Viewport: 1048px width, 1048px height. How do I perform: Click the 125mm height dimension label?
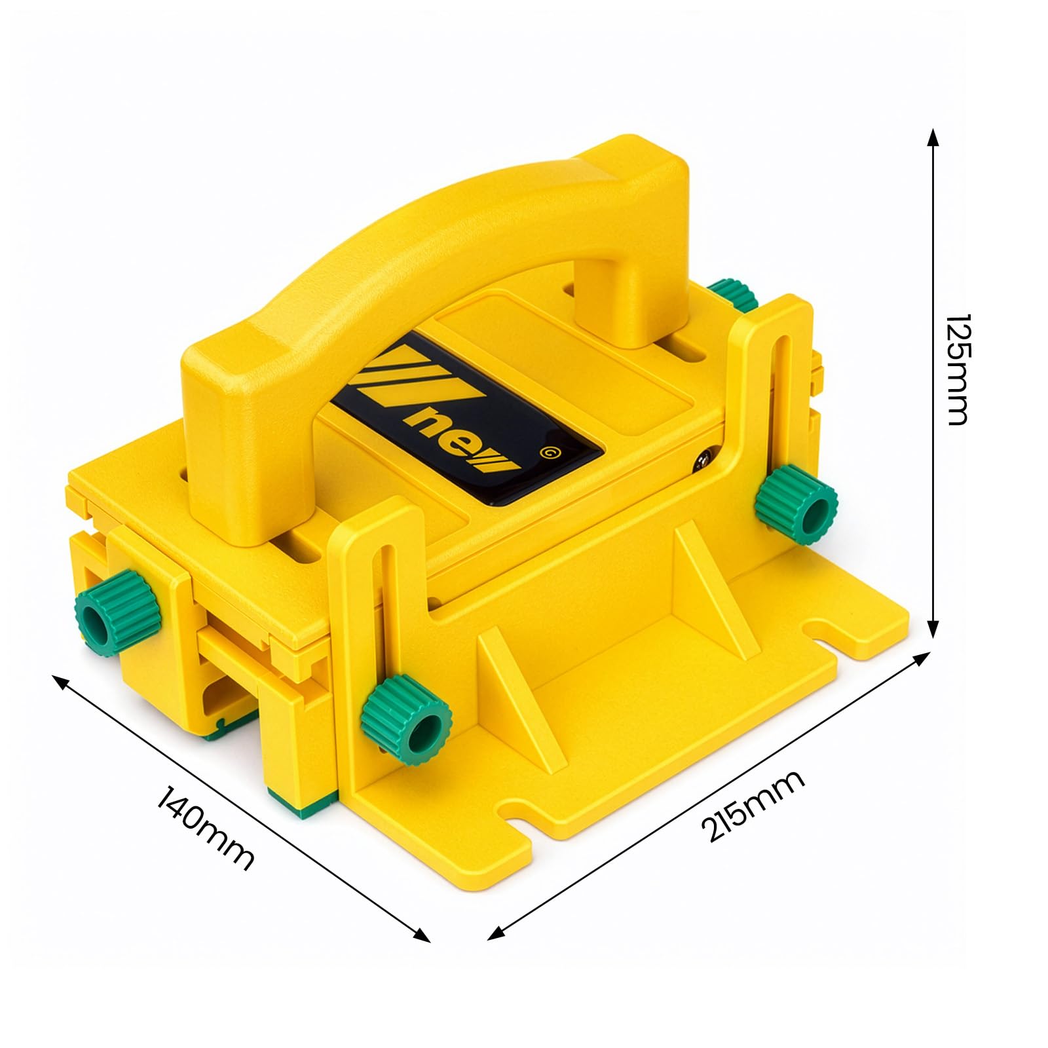tap(957, 369)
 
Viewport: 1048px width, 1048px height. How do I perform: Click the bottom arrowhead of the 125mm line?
tap(932, 629)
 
